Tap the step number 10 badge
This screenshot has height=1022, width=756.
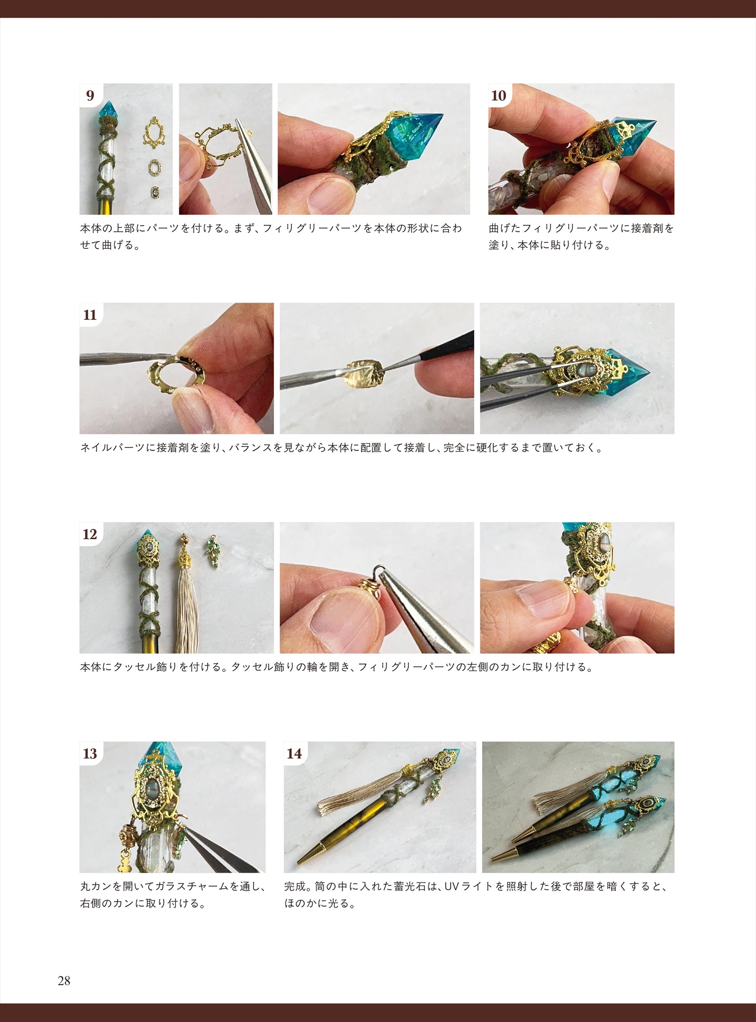pos(499,96)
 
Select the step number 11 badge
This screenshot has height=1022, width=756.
pos(90,315)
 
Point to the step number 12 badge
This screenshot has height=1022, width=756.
pos(90,534)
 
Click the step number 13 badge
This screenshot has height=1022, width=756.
pos(90,753)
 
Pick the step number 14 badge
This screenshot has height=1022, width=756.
pos(295,753)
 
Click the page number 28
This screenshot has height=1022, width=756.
pos(64,981)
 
